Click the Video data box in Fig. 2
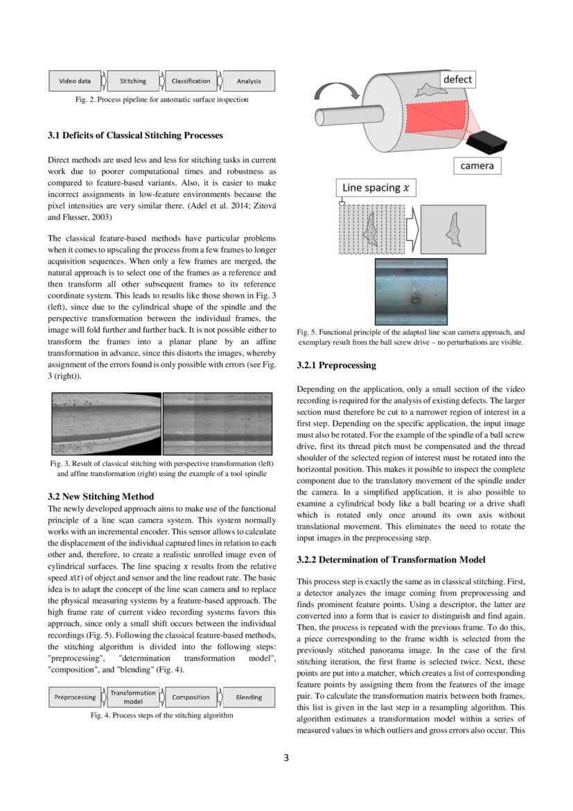click(x=75, y=81)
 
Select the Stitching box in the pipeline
click(x=133, y=81)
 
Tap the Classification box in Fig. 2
click(x=191, y=81)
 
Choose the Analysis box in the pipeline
click(x=249, y=81)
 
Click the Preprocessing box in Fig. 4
click(x=75, y=697)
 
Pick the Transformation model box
click(x=133, y=697)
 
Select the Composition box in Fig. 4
click(x=191, y=697)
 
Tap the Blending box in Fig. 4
click(x=249, y=697)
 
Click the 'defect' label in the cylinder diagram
click(x=457, y=80)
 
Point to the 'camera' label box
click(x=477, y=166)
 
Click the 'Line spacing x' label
click(x=372, y=188)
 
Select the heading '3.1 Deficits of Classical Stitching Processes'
click(x=135, y=135)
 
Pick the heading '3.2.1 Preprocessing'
click(x=336, y=365)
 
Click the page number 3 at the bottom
click(x=286, y=758)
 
